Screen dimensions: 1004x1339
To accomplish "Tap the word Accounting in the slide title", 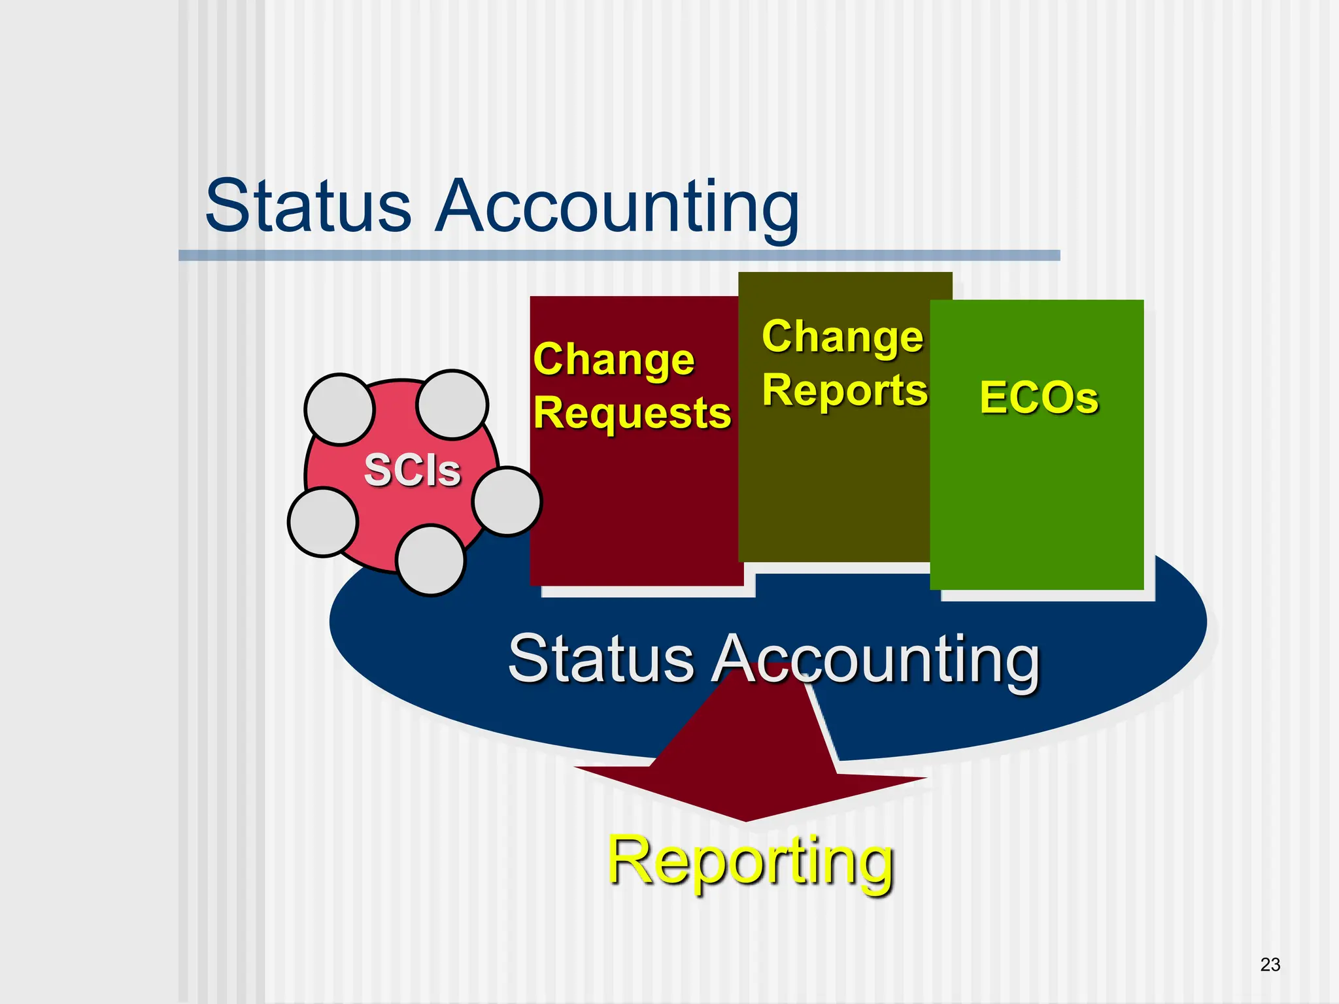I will pos(617,208).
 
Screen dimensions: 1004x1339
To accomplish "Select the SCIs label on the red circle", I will pos(413,470).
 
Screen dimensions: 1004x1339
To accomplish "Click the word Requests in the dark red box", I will pos(632,414).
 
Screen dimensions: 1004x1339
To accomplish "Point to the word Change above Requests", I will pos(614,360).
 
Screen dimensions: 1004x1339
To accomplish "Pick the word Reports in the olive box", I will pos(845,390).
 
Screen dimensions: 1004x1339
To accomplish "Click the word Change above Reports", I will pos(843,337).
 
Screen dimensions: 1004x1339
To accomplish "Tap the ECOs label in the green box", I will pos(1039,397).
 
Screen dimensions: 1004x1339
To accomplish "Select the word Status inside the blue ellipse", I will pos(601,658).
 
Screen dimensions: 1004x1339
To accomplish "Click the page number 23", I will pos(1270,964).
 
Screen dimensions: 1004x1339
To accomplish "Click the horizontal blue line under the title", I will pos(619,256).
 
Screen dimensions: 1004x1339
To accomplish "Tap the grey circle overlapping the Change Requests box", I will pos(507,501).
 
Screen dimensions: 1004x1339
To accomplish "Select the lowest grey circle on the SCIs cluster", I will pos(431,560).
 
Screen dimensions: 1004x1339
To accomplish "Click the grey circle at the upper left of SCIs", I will pos(339,409).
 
